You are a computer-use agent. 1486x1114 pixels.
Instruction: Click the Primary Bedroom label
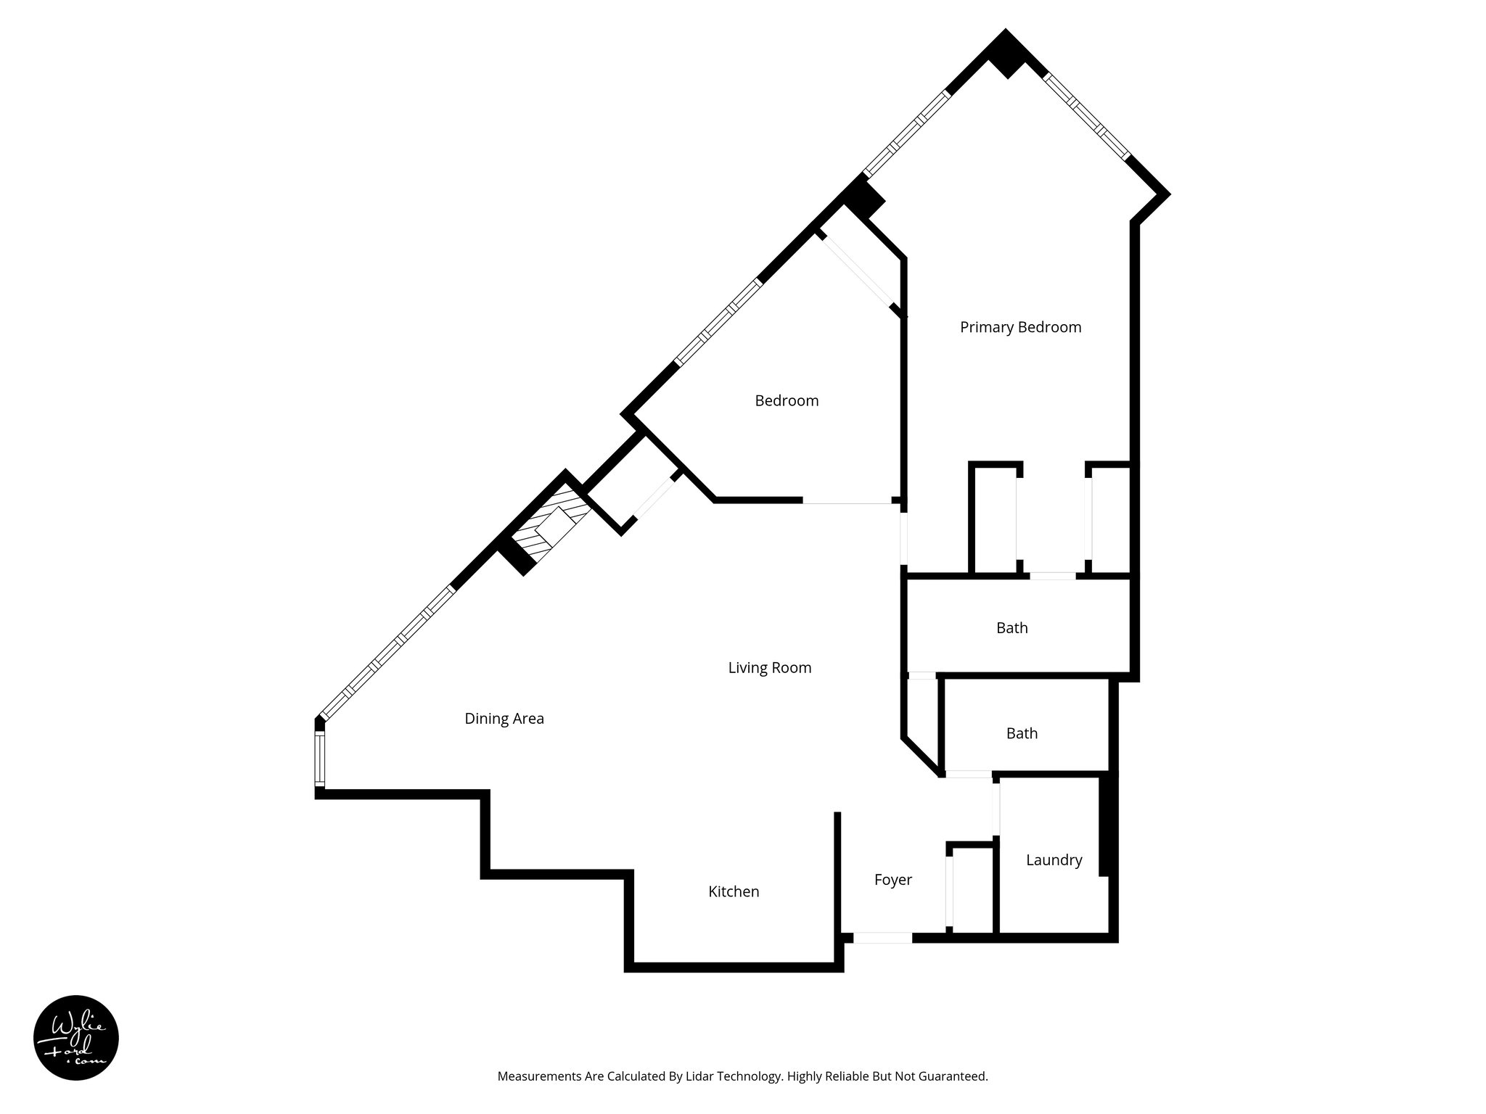point(1020,327)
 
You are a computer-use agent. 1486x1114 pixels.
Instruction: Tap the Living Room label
point(769,667)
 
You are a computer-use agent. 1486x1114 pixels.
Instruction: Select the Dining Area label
point(504,718)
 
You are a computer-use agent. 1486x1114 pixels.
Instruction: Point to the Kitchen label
point(734,891)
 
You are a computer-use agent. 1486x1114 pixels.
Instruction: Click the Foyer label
point(892,880)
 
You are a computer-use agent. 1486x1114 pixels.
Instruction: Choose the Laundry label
point(1054,860)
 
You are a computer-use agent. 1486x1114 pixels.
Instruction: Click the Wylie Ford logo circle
point(76,1038)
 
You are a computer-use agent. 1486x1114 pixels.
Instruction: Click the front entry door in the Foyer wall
point(882,938)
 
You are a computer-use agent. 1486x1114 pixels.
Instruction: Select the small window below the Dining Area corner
point(319,759)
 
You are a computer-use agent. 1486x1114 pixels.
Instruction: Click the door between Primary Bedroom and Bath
point(1053,576)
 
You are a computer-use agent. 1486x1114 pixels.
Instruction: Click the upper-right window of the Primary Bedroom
point(1087,116)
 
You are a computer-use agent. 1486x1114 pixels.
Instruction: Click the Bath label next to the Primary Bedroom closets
point(1011,628)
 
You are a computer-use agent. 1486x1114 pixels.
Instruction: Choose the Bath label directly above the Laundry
point(1022,733)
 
